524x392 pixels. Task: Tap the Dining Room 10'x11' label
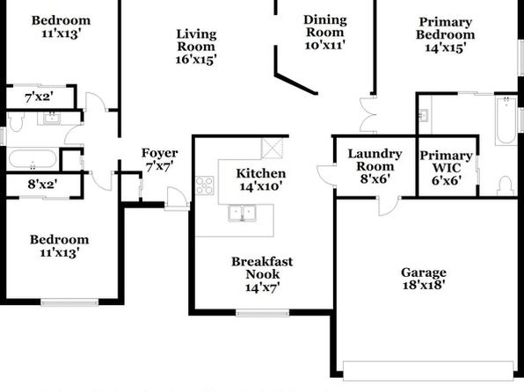[x=324, y=33]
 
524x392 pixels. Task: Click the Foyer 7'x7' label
[x=159, y=159]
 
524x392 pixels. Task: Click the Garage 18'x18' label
[x=424, y=279]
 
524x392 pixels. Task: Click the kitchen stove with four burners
[x=205, y=185]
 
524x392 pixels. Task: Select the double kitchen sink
[x=242, y=214]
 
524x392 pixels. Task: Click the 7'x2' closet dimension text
[x=39, y=98]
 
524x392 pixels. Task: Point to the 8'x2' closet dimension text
[x=42, y=184]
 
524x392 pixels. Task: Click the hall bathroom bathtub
[x=33, y=159]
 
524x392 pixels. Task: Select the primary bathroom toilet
[x=505, y=185]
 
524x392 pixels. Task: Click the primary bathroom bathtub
[x=506, y=120]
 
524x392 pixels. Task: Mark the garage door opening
[x=428, y=371]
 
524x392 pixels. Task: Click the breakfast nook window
[x=262, y=313]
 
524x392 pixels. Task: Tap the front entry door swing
[x=177, y=199]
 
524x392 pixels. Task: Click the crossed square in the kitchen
[x=272, y=149]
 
